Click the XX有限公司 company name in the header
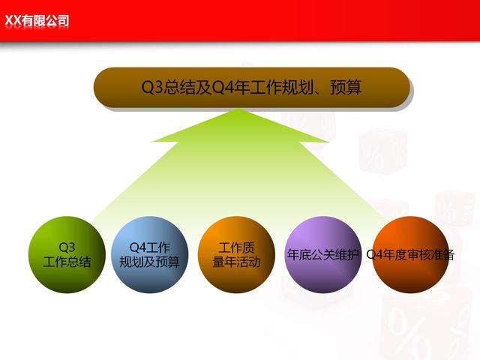tap(37, 21)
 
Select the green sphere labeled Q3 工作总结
tap(67, 255)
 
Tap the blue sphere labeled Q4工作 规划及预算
tap(149, 255)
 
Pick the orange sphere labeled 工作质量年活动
tap(236, 255)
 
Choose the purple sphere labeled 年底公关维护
tap(323, 255)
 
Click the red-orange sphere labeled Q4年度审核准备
tap(410, 255)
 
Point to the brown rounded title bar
tap(252, 87)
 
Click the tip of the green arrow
tap(241, 109)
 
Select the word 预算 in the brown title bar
tap(346, 87)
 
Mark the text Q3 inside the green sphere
tap(67, 247)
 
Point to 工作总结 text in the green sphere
tap(67, 262)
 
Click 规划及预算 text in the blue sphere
tap(149, 262)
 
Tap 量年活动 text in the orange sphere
tap(236, 262)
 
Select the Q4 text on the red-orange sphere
tap(374, 255)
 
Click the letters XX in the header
tap(13, 21)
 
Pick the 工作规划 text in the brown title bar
tap(281, 87)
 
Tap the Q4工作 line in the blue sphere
tap(149, 247)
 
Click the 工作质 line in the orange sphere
tap(236, 247)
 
